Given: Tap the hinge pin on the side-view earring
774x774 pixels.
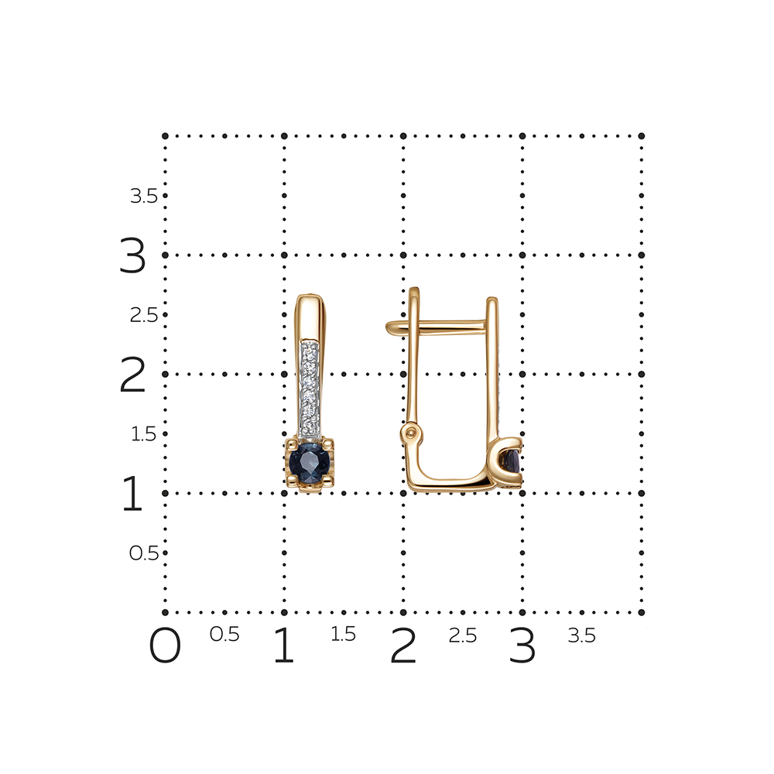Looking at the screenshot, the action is point(411,433).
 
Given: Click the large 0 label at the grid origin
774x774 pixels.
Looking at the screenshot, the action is point(165,646).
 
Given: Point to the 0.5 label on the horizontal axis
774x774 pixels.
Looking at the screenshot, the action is point(224,635).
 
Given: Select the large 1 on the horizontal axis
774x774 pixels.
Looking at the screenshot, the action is point(284,646).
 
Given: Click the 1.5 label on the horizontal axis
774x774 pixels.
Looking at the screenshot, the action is point(343,635).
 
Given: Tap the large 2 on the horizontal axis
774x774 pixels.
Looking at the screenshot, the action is point(403,646).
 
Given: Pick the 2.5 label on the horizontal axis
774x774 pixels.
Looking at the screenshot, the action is point(463,635).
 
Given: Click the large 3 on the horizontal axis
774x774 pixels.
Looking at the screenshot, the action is point(522,646).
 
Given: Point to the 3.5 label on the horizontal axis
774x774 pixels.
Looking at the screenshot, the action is point(582,635).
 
